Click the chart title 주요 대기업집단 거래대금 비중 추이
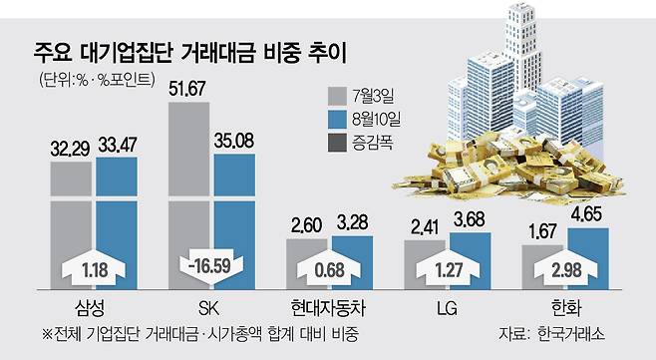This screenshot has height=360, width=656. pos(189,53)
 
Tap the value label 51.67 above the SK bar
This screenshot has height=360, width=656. pos(187,89)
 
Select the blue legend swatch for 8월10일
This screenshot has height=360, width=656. pos(337,120)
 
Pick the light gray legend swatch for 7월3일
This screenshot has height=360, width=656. pos(337,97)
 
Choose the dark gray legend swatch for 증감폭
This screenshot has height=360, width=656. pos(337,143)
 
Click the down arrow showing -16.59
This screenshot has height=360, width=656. pos(211,266)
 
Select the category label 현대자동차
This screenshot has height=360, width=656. pos(328,308)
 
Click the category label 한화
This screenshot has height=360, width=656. pos(566,308)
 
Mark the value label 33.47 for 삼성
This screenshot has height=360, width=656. pos(118,145)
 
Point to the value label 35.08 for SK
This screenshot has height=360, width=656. pos(234,141)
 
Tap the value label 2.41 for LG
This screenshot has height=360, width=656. pos(425,227)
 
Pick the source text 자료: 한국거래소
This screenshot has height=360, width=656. pos(552,334)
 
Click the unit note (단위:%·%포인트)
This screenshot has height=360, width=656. pos(97,80)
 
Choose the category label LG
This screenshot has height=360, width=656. pos(448,309)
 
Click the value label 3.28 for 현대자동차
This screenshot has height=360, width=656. pos(352,223)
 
